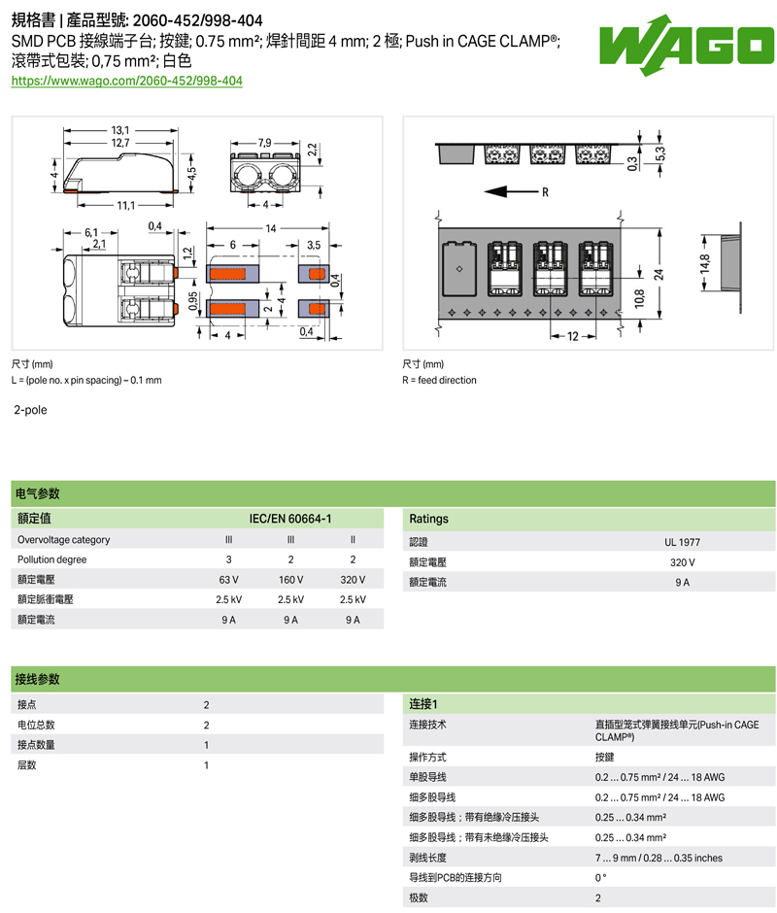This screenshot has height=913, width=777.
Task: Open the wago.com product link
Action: click(127, 81)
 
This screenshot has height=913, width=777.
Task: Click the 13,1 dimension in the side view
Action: click(120, 130)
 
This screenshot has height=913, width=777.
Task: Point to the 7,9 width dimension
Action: click(264, 143)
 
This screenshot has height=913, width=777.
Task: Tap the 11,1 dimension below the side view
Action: click(126, 205)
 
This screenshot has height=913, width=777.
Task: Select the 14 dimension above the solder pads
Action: click(271, 228)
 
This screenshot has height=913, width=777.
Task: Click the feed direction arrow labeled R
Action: click(511, 191)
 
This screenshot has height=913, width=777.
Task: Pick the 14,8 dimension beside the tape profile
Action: click(705, 263)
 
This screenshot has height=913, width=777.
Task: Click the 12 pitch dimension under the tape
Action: click(573, 336)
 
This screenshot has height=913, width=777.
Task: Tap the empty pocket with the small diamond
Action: click(459, 270)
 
